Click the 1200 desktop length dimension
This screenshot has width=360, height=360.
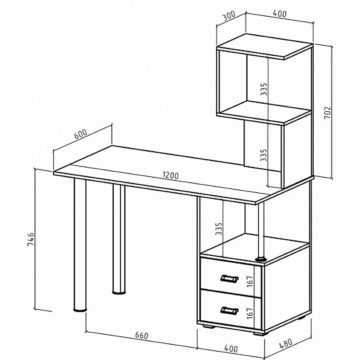click(171, 175)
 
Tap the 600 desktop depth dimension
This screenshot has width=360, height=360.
click(81, 134)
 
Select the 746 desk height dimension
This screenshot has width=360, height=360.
click(31, 239)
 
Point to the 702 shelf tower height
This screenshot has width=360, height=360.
click(327, 112)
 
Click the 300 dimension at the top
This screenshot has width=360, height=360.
click(229, 15)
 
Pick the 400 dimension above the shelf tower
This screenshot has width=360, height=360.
click(279, 14)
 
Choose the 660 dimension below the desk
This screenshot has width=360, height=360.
click(142, 336)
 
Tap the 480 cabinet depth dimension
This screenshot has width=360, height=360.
click(286, 343)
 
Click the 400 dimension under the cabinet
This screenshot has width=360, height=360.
click(231, 349)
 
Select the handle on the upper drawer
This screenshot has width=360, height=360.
click(229, 278)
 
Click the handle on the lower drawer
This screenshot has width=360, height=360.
click(229, 310)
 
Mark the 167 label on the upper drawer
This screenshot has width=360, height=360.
click(250, 281)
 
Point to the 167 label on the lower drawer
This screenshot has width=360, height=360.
click(250, 313)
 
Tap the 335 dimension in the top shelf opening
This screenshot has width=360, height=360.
click(264, 89)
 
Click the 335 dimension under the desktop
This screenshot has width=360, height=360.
click(218, 229)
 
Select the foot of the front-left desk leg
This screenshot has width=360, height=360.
click(80, 310)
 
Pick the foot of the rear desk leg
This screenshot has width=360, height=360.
click(119, 292)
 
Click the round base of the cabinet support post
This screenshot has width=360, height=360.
click(261, 259)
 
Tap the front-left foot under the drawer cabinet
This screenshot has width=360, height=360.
click(208, 326)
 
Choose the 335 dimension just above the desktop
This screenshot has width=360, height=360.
click(264, 155)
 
